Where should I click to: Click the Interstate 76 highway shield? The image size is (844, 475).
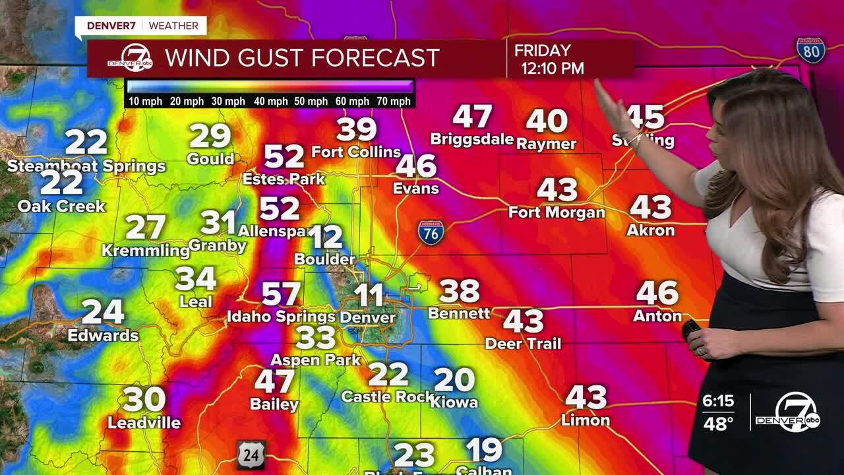click(x=431, y=233)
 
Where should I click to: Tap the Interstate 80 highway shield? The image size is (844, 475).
click(x=810, y=51)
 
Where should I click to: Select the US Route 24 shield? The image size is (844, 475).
click(x=251, y=454)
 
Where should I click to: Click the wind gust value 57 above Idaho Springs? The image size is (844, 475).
click(x=281, y=294)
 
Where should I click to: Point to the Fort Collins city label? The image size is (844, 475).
click(x=356, y=152)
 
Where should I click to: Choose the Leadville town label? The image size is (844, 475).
click(x=144, y=422)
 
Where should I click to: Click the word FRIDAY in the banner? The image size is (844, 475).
click(x=543, y=51)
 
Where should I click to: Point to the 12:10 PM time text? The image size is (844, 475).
click(x=553, y=68)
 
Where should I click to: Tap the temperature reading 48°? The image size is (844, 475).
click(x=718, y=424)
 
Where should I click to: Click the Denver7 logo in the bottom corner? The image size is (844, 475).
click(x=788, y=412)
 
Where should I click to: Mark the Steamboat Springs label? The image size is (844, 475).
click(x=86, y=166)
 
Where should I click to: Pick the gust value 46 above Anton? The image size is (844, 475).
click(x=657, y=293)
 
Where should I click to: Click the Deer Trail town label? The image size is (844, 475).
click(x=523, y=344)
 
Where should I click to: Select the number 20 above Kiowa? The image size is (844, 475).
click(x=454, y=380)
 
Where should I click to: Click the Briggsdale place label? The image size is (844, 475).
click(x=471, y=139)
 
